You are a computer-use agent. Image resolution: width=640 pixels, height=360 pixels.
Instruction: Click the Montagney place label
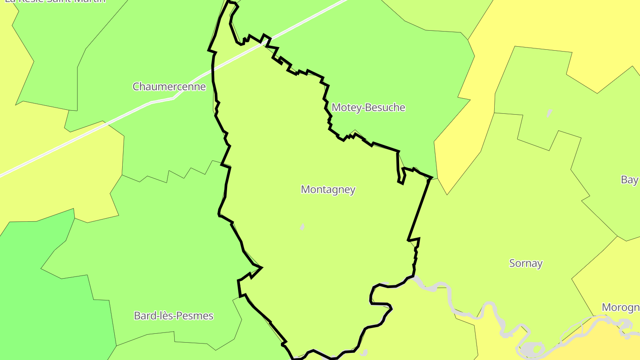(328, 190)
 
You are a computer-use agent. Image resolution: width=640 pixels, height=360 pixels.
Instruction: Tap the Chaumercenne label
(169, 87)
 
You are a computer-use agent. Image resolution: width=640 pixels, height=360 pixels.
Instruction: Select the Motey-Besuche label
(368, 108)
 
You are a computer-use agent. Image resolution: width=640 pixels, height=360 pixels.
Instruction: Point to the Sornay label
(526, 264)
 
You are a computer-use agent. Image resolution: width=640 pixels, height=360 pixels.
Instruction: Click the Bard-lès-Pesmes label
(173, 316)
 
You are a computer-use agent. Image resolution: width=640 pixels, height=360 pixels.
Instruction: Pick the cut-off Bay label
(630, 180)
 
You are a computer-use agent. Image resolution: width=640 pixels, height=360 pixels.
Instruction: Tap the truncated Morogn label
(621, 308)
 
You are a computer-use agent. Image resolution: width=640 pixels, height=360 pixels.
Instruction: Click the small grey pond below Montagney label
(302, 227)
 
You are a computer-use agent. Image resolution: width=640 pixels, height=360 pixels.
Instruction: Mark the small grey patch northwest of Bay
(549, 113)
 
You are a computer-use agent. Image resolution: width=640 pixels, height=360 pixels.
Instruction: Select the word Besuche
(387, 108)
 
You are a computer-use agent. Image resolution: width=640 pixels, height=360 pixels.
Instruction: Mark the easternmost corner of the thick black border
(431, 178)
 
